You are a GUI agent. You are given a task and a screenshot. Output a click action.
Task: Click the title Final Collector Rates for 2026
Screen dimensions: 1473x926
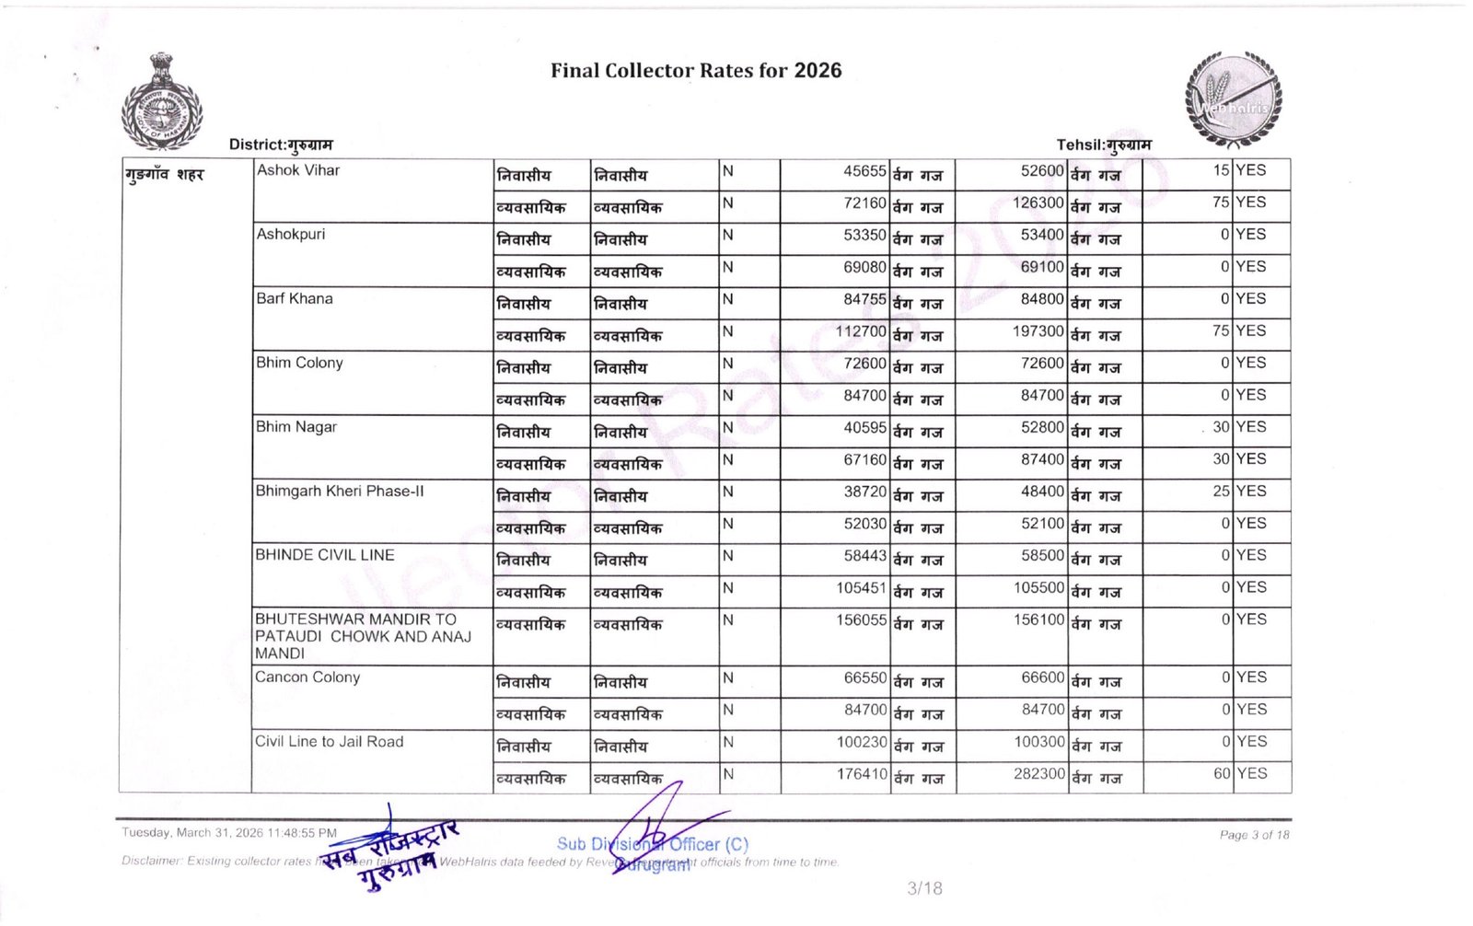click(696, 71)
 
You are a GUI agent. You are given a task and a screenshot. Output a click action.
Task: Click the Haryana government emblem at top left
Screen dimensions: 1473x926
click(161, 101)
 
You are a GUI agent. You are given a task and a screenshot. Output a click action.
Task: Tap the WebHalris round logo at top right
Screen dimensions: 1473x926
click(1233, 99)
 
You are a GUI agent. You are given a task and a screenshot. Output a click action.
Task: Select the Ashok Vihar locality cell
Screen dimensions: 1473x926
click(298, 170)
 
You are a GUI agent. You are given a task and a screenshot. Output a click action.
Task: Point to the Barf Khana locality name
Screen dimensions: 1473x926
click(295, 298)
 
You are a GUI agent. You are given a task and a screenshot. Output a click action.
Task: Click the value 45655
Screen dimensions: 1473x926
click(864, 171)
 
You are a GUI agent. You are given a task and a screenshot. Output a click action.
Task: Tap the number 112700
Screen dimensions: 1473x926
click(861, 330)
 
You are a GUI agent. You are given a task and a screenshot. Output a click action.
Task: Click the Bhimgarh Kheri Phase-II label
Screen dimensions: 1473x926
click(340, 491)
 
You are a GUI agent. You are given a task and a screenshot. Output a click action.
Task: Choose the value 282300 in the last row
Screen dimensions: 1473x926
click(1039, 774)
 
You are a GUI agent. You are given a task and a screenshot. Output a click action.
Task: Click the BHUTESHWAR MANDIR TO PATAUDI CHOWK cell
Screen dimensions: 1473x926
click(363, 636)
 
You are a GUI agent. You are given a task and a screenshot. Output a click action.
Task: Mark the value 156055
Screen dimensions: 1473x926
click(861, 620)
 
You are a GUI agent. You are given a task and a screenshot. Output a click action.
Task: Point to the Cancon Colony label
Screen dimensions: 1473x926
click(307, 677)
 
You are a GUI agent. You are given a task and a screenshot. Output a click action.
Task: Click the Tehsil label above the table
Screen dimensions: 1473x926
click(1103, 145)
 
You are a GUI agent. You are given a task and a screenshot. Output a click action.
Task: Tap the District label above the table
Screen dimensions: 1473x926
click(281, 145)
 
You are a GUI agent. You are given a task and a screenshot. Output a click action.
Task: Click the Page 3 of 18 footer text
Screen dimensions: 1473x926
click(1254, 835)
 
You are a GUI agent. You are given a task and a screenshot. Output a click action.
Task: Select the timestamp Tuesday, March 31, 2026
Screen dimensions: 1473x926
click(229, 833)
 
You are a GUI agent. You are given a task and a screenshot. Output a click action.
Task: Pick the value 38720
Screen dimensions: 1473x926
click(864, 492)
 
